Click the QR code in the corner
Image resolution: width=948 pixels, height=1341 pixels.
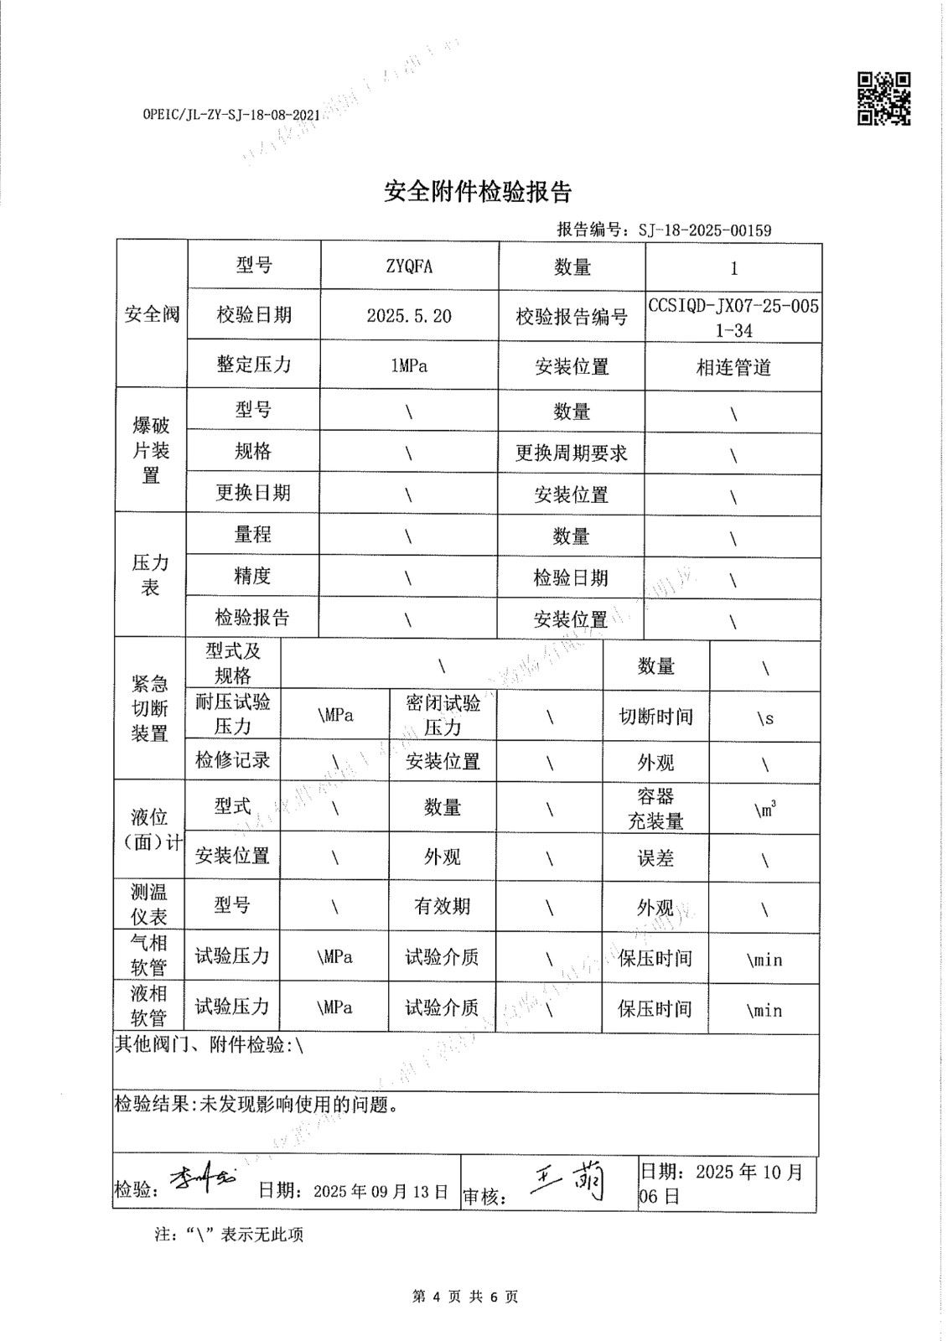pyautogui.click(x=883, y=98)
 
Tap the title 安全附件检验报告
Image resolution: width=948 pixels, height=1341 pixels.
pyautogui.click(x=478, y=192)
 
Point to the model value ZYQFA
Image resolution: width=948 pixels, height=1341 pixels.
pyautogui.click(x=409, y=267)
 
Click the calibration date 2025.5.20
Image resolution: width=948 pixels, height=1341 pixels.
pyautogui.click(x=409, y=315)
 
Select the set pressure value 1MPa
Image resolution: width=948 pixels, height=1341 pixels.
pyautogui.click(x=409, y=365)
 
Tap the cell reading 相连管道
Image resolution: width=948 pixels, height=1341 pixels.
pyautogui.click(x=733, y=367)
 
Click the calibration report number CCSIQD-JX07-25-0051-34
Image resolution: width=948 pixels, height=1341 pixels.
pyautogui.click(x=733, y=318)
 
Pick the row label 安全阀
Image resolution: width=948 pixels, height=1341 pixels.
pyautogui.click(x=152, y=314)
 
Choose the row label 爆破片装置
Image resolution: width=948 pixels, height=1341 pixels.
pyautogui.click(x=151, y=450)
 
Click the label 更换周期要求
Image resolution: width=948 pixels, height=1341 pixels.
pyautogui.click(x=571, y=453)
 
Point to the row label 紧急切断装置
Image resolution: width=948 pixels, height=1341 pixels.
pyautogui.click(x=150, y=709)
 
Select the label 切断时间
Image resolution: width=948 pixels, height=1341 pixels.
pyautogui.click(x=655, y=717)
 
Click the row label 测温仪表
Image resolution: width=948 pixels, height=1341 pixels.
pyautogui.click(x=149, y=904)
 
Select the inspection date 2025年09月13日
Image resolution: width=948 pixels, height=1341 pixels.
pyautogui.click(x=381, y=1191)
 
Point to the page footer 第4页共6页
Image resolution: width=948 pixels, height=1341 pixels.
pyautogui.click(x=466, y=1297)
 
